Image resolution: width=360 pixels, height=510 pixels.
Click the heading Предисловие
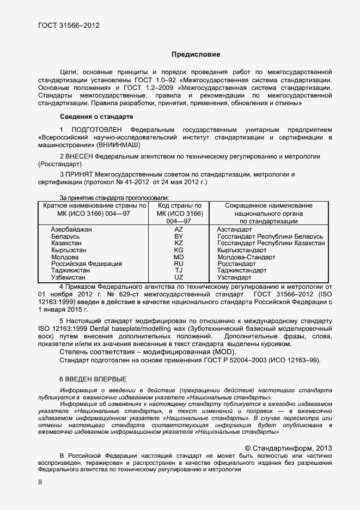(x=196, y=54)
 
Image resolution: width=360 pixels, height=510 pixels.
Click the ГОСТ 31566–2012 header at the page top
(x=69, y=25)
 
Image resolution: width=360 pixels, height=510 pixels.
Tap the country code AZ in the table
(x=178, y=230)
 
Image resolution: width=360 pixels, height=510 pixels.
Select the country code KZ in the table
(x=178, y=244)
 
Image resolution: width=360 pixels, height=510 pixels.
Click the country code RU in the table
(x=178, y=264)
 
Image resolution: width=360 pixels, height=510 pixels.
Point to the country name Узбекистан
(x=70, y=277)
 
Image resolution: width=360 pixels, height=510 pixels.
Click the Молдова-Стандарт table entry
(x=246, y=257)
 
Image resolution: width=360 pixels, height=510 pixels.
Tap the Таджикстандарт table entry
(x=242, y=270)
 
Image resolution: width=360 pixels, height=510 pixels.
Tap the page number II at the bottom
(x=39, y=482)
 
